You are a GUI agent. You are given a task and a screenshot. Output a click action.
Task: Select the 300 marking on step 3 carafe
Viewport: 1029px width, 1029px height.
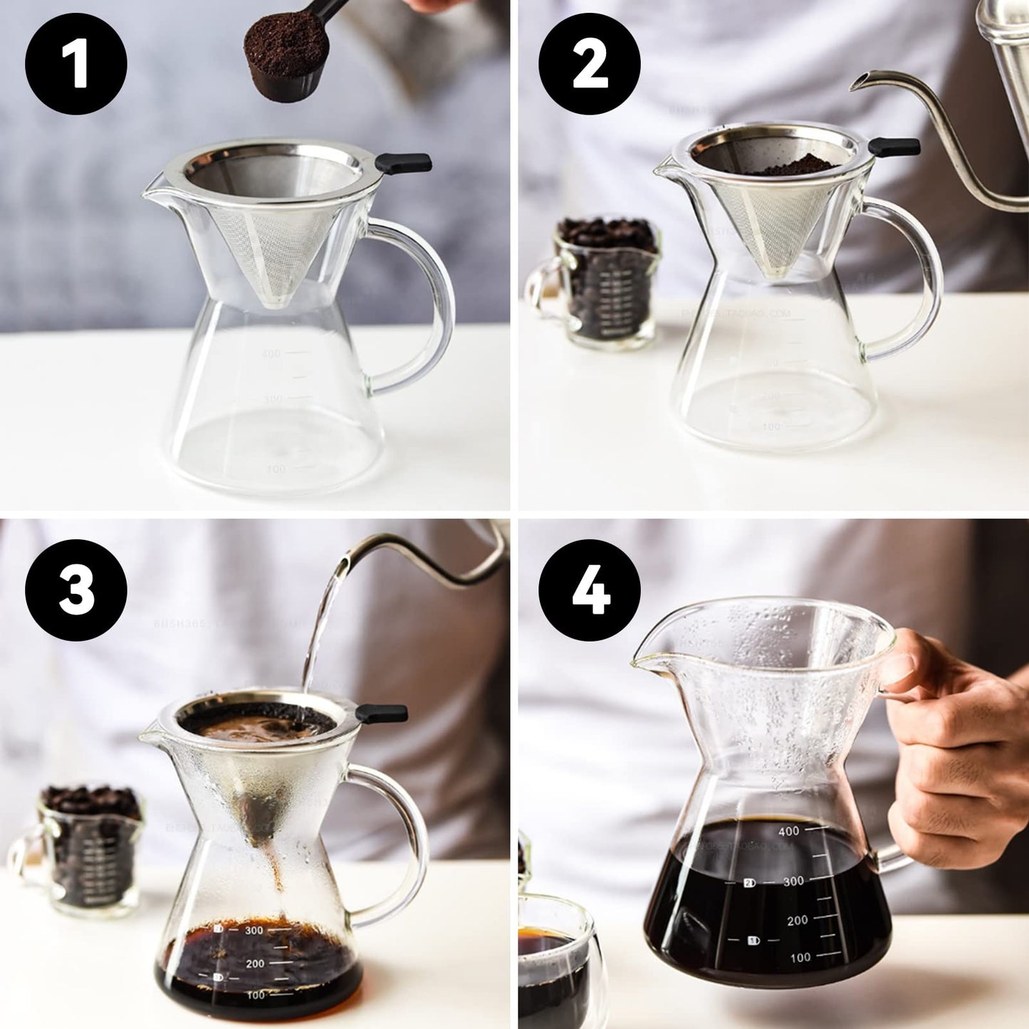254,930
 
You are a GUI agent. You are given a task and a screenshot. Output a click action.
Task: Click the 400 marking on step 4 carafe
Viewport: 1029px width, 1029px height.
788,830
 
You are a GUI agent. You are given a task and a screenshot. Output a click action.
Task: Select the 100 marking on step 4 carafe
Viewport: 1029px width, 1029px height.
800,958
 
